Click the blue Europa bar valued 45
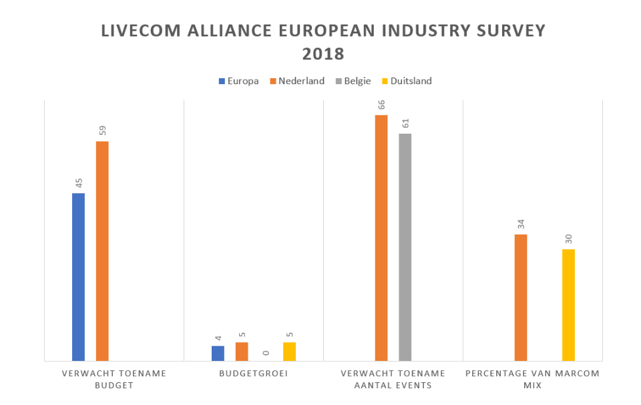pos(78,277)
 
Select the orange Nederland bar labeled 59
pos(102,251)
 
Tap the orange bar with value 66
pos(381,237)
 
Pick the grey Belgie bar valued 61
pos(405,247)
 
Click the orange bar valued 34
pos(521,297)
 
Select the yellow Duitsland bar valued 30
pos(568,305)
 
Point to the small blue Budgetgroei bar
pos(218,353)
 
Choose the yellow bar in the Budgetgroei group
pos(289,351)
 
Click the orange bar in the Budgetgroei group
pos(242,351)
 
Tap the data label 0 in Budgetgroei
pos(266,353)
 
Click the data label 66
pos(381,106)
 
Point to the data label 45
pos(78,183)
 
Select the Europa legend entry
pos(239,81)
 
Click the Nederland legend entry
pos(296,81)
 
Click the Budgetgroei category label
pos(253,373)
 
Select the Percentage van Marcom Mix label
pos(532,379)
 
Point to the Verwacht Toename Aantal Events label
pos(393,379)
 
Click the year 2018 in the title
pos(323,53)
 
